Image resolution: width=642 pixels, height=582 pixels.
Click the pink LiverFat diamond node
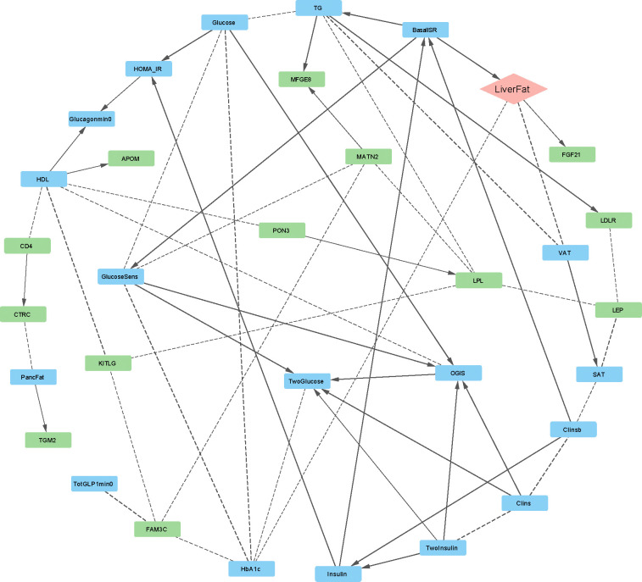pyautogui.click(x=511, y=89)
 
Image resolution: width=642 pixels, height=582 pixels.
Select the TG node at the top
pyautogui.click(x=318, y=8)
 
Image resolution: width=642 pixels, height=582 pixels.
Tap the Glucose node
pyautogui.click(x=225, y=22)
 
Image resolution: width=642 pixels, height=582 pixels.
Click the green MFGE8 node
pyautogui.click(x=302, y=79)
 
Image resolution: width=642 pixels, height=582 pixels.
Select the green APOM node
pyautogui.click(x=131, y=158)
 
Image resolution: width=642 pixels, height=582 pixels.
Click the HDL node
pyautogui.click(x=43, y=179)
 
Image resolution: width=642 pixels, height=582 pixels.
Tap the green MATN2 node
pyautogui.click(x=368, y=156)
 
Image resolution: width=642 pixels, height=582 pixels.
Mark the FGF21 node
pyautogui.click(x=572, y=154)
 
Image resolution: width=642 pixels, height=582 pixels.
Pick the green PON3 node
pyautogui.click(x=282, y=230)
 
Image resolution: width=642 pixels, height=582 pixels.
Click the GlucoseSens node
pyautogui.click(x=121, y=276)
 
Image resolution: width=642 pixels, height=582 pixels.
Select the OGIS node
pyautogui.click(x=459, y=372)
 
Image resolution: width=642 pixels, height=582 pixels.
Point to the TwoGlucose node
pyautogui.click(x=308, y=381)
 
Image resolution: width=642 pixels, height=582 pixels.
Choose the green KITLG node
pyautogui.click(x=109, y=363)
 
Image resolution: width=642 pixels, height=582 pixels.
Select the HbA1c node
pyautogui.click(x=252, y=568)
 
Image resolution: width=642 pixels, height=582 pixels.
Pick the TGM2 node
pyautogui.click(x=48, y=440)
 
